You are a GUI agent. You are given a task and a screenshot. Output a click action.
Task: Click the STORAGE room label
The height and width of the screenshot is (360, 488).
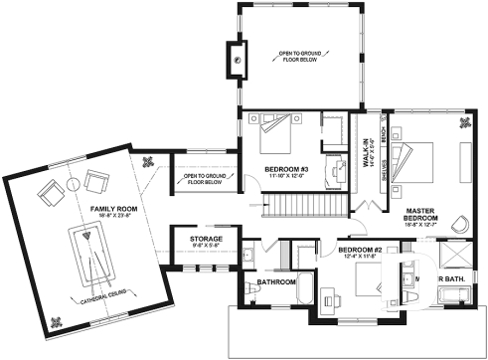pyautogui.click(x=192, y=240)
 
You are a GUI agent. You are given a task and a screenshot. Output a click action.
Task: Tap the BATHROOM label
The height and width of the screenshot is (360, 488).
pyautogui.click(x=277, y=281)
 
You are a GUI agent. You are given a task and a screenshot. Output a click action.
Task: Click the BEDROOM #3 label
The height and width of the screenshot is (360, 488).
pyautogui.click(x=286, y=169)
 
